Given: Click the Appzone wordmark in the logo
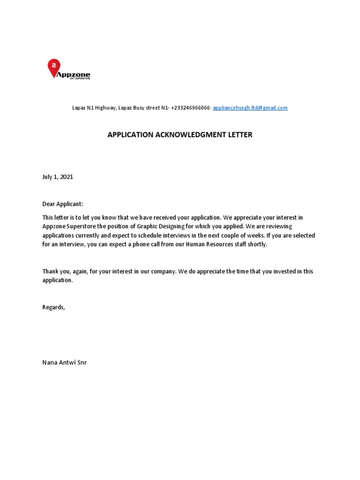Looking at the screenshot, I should coord(73,75).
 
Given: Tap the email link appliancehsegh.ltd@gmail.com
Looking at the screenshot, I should coord(250,108).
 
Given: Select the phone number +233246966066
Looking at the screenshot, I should coord(191,108).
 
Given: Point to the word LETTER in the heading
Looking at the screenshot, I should coord(240,135).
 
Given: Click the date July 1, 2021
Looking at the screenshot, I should coord(58,177).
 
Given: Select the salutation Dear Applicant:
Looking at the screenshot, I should coord(62,204).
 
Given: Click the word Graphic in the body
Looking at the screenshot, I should coord(158,226).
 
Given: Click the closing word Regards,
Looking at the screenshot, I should coord(54,307).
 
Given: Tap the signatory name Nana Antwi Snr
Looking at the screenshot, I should coord(65,362).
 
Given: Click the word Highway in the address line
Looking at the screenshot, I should coord(106,108).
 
